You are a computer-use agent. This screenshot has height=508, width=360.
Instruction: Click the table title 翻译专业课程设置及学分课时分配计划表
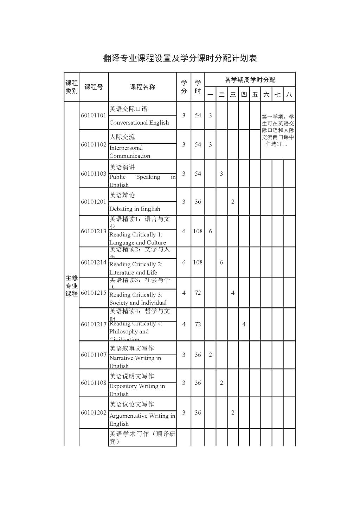[x=180, y=58]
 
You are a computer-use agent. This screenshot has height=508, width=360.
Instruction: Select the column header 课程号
[x=94, y=87]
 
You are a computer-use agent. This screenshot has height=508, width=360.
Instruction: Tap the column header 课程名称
[x=142, y=87]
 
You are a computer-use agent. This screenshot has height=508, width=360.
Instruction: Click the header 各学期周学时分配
[x=250, y=80]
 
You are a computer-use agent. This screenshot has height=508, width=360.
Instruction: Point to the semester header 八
[x=289, y=95]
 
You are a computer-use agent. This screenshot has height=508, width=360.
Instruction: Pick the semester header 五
[x=255, y=95]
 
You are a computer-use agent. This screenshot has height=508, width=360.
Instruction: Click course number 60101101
[x=94, y=116]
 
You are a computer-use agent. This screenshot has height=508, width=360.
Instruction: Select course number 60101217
[x=94, y=324]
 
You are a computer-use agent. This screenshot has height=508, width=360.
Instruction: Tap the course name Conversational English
[x=139, y=123]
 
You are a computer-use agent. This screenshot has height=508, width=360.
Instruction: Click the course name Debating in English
[x=135, y=209]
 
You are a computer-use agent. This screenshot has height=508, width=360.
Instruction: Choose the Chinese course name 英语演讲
[x=122, y=167]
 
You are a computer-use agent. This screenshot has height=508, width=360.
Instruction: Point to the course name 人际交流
[x=122, y=137]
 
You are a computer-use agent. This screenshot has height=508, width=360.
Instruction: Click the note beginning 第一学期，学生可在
[x=278, y=130]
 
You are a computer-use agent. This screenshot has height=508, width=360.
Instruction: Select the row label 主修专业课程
[x=71, y=286]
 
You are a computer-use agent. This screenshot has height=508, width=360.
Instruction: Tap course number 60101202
[x=94, y=412]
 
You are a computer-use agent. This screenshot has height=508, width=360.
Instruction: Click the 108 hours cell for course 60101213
[x=198, y=231]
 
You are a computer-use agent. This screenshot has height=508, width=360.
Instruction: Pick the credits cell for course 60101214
[x=184, y=262]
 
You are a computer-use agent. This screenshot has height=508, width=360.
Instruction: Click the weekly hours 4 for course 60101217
[x=244, y=324]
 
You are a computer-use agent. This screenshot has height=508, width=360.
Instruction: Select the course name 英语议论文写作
[x=132, y=404]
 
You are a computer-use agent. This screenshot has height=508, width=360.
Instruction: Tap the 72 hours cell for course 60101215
[x=198, y=293]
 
